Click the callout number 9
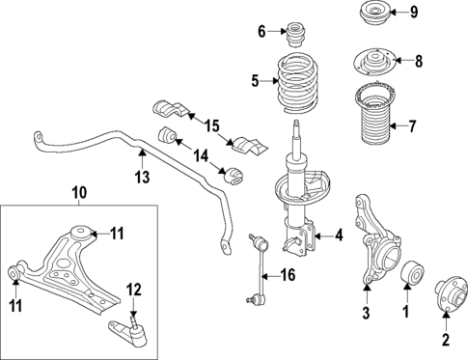point(441,13)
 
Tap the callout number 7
point(440,125)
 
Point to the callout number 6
point(262,32)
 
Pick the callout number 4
point(339,235)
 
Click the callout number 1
point(407,311)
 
